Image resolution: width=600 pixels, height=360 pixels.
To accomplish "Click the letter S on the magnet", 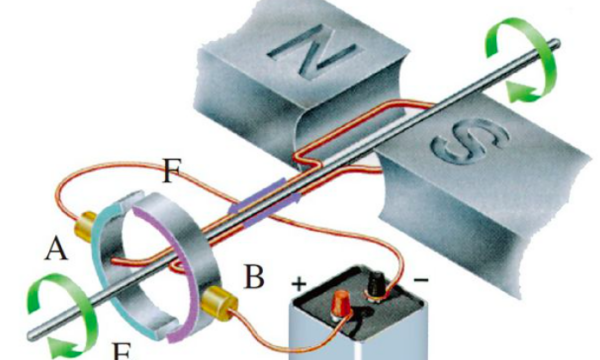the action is pos(471,142).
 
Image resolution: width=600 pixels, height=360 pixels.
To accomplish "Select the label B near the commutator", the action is pos(254,276).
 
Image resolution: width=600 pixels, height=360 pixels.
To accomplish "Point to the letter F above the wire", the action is pos(172,171).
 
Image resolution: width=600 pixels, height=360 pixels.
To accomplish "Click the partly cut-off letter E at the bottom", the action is pos(122,351).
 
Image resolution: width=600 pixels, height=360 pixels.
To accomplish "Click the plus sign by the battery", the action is pos(299,284).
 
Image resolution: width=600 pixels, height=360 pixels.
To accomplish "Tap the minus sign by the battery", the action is pos(421,280).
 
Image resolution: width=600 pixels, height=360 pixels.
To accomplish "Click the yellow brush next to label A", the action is pos(85,226).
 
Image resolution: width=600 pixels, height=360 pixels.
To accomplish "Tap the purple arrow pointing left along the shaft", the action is pos(256,195).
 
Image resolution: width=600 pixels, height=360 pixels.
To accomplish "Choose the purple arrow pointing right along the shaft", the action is pos(272,211).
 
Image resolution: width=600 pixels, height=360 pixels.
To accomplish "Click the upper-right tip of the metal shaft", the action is pos(556,44).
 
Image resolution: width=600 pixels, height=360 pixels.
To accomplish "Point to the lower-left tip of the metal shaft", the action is pos(32,335).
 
